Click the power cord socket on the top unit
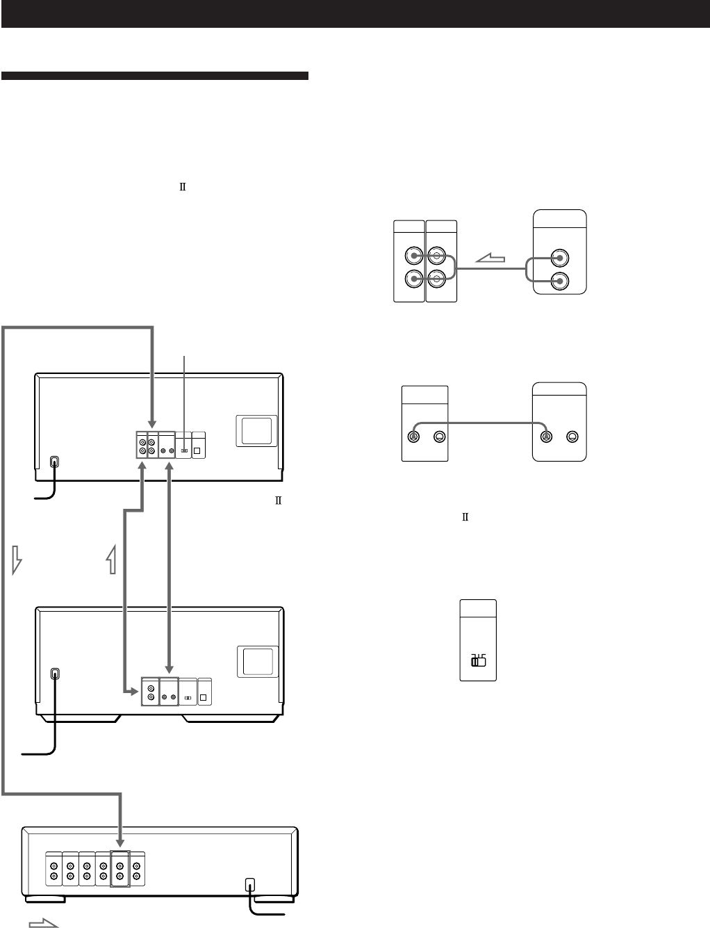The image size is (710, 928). click(x=56, y=462)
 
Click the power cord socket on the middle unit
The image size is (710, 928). click(x=56, y=674)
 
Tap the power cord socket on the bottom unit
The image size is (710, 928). click(x=250, y=885)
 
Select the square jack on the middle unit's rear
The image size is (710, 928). click(x=204, y=697)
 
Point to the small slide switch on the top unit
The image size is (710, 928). click(x=183, y=450)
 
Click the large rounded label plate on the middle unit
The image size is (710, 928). click(x=257, y=661)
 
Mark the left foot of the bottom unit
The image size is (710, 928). click(x=47, y=899)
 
